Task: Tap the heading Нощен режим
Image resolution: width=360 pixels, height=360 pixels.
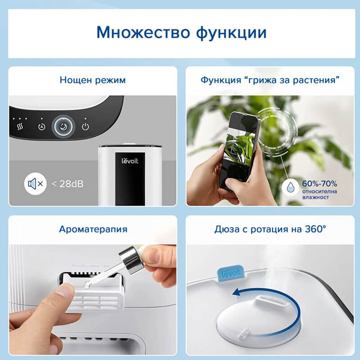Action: pyautogui.click(x=92, y=81)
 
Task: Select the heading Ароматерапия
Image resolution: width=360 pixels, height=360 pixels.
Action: pyautogui.click(x=93, y=229)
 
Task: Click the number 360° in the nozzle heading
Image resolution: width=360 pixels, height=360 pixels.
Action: pyautogui.click(x=315, y=229)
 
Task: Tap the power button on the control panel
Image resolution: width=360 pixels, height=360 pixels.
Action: pyautogui.click(x=85, y=126)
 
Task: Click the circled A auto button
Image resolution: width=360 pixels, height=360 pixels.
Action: pyautogui.click(x=42, y=127)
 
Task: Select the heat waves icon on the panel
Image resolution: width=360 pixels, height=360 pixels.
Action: pyautogui.click(x=20, y=126)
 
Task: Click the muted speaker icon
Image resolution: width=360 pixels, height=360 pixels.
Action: pyautogui.click(x=36, y=184)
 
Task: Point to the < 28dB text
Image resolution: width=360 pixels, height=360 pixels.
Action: pyautogui.click(x=67, y=184)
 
